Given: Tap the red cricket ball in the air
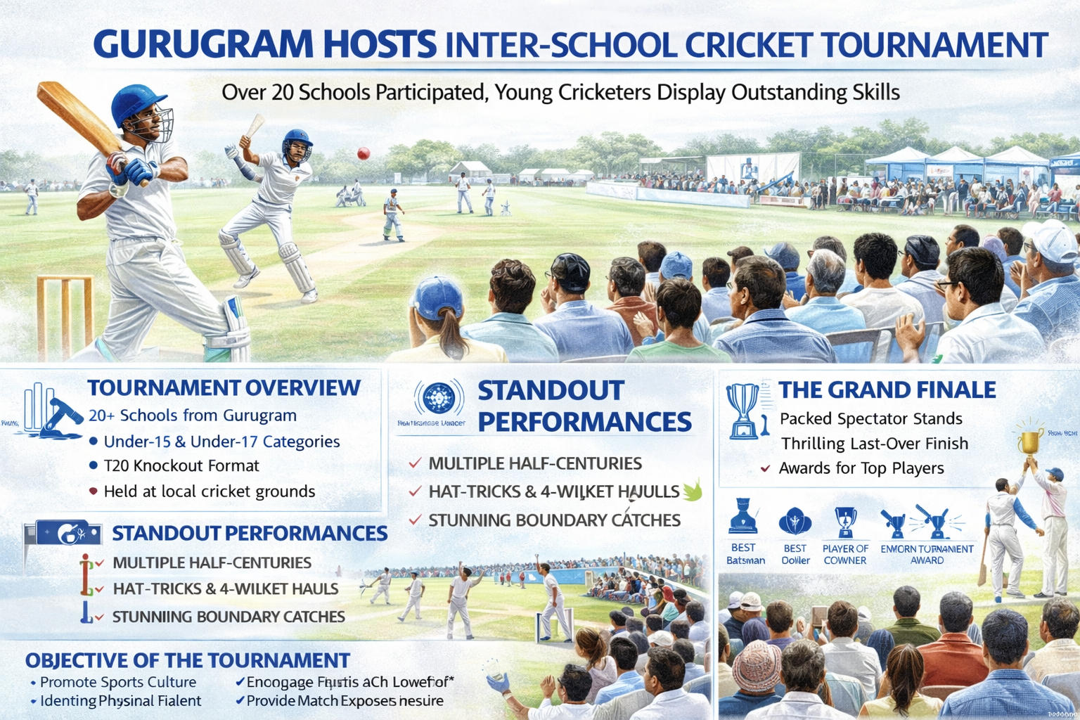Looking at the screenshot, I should pos(364,153).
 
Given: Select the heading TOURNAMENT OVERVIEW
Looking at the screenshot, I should pos(224,387).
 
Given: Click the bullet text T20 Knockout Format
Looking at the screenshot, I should pos(181,465).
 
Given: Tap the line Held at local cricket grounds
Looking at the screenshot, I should pos(209,491).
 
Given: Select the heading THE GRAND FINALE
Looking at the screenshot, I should pos(887,390).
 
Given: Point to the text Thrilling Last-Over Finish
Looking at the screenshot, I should pos(875,444).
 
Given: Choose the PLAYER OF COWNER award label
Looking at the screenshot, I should pos(845,554).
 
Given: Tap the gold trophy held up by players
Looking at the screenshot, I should pos(1029,440).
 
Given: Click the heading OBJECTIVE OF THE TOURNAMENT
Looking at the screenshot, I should pos(188,660).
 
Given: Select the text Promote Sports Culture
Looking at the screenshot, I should pos(117,682).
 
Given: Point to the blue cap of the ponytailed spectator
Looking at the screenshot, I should pos(437,295).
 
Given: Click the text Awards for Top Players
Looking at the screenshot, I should pos(861,468).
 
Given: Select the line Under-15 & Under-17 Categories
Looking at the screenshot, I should pos(221,442).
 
